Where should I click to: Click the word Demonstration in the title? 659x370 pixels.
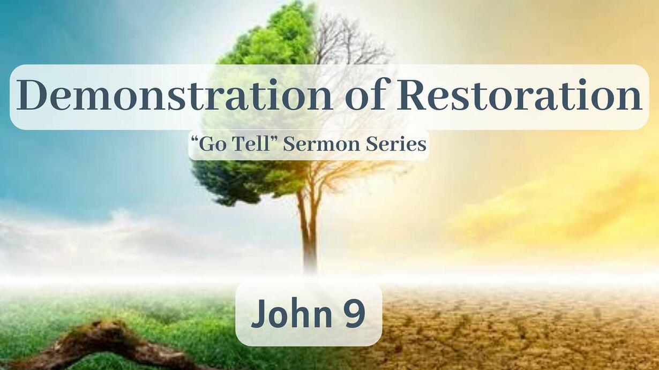(x=175, y=95)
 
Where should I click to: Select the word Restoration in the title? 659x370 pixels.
(x=520, y=95)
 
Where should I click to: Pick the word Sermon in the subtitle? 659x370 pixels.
(x=321, y=145)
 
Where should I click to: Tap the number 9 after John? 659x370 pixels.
(x=355, y=314)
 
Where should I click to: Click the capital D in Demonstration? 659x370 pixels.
(x=32, y=95)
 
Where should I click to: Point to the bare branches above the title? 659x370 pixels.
(x=353, y=41)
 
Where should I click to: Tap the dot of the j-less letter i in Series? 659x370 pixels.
(x=405, y=139)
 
